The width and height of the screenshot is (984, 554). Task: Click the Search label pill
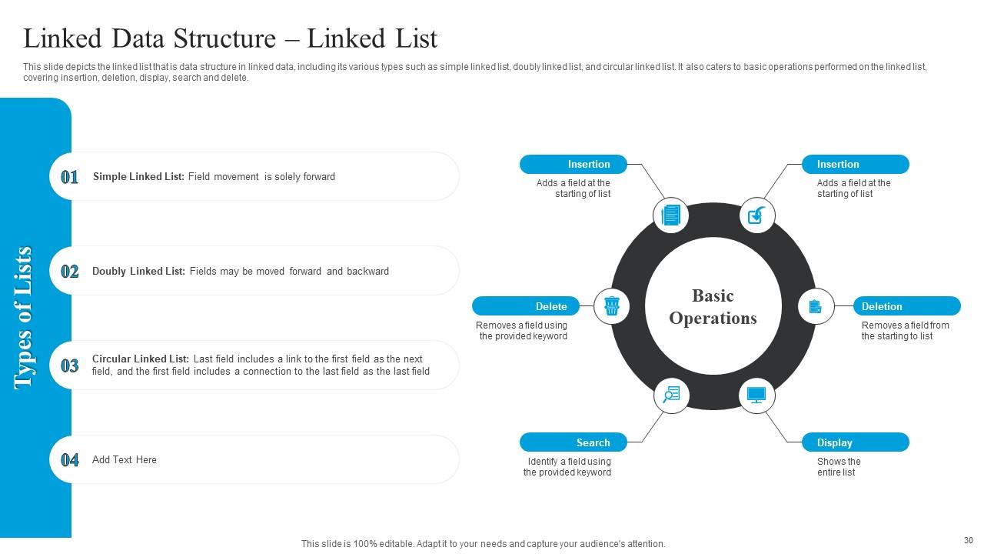pyautogui.click(x=573, y=442)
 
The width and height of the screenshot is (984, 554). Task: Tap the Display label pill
pyautogui.click(x=855, y=442)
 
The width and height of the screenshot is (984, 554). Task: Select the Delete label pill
pyautogui.click(x=526, y=306)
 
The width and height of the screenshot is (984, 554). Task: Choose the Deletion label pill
pyautogui.click(x=906, y=306)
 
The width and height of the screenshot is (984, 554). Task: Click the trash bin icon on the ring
pyautogui.click(x=612, y=306)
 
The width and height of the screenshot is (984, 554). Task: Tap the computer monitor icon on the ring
pyautogui.click(x=756, y=395)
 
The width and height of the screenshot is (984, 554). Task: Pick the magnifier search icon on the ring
pyautogui.click(x=671, y=395)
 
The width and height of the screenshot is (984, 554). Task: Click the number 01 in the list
pyautogui.click(x=70, y=177)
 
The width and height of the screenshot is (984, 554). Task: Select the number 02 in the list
pyautogui.click(x=70, y=272)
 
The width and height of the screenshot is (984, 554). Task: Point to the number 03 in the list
pyautogui.click(x=70, y=366)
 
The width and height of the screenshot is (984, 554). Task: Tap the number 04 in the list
pyautogui.click(x=70, y=460)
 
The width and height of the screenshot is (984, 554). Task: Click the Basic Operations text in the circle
pyautogui.click(x=713, y=307)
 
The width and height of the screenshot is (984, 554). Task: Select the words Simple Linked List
pyautogui.click(x=138, y=177)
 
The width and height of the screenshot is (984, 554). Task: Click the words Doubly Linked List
pyautogui.click(x=138, y=272)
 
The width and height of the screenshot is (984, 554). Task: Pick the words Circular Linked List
pyautogui.click(x=140, y=359)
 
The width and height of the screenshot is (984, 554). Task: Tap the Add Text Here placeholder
pyautogui.click(x=125, y=460)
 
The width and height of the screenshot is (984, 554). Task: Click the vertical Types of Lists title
pyautogui.click(x=25, y=318)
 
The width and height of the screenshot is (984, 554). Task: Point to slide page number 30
pyautogui.click(x=968, y=541)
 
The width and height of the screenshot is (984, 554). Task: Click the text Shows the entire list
pyautogui.click(x=838, y=467)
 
